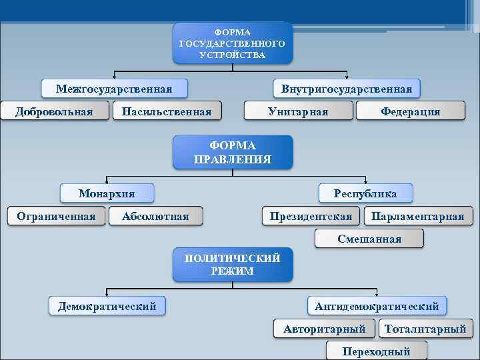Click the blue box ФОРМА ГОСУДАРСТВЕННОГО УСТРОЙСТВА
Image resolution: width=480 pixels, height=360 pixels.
coord(233,43)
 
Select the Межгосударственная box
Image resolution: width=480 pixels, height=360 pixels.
coord(114,89)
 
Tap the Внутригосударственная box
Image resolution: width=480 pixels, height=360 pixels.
coord(347,89)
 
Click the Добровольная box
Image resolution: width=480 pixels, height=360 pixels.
coord(55,111)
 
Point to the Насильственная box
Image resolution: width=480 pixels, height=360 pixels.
coord(166,111)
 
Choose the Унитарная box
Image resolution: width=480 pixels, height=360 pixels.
coord(297,111)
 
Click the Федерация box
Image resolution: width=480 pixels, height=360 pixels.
coord(410,111)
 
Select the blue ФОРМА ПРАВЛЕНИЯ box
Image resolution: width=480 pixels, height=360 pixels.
coord(233,152)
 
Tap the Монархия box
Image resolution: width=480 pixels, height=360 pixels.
coord(107,193)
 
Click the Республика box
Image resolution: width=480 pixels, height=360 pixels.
coord(365,193)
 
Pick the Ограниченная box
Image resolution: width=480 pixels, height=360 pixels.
coord(56,216)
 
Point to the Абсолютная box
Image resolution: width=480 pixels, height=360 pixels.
coord(155,216)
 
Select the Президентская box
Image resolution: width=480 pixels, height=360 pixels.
coord(311,216)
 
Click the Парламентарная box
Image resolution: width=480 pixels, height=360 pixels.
coord(417,216)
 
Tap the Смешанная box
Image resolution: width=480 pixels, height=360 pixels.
coord(369,239)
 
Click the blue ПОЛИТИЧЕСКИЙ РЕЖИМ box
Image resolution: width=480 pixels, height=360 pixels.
coord(233,265)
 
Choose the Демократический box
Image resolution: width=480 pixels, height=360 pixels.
coord(107,306)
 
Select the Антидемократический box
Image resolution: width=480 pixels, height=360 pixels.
coord(377,306)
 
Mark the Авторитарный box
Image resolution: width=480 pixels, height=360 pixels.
coord(325,329)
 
